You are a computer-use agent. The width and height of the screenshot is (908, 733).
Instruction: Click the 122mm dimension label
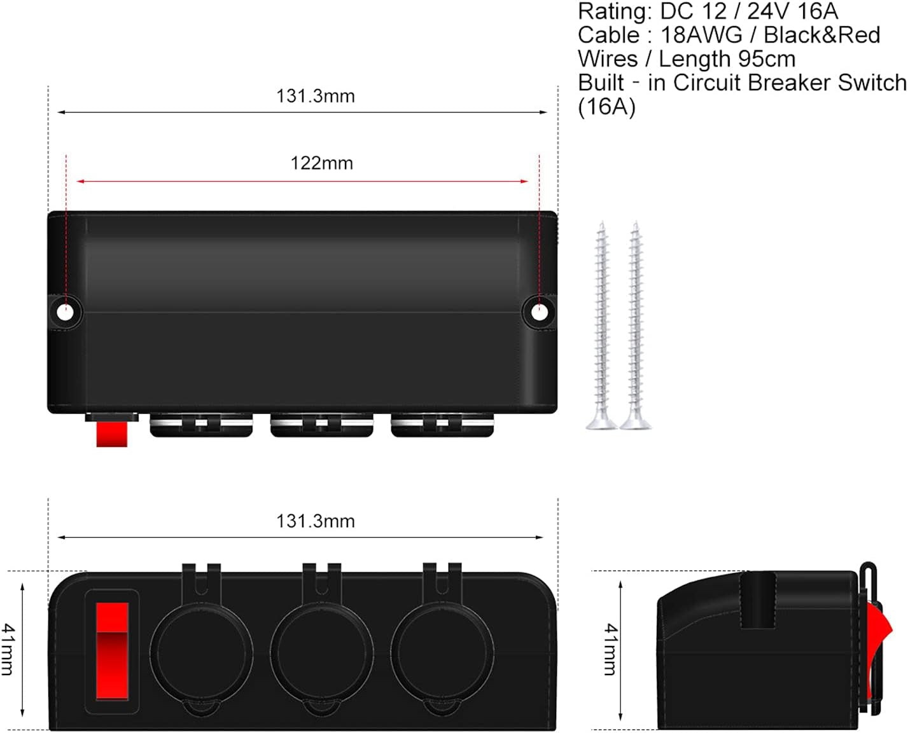pos(322,163)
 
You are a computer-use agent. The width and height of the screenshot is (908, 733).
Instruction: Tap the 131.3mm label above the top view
pos(316,96)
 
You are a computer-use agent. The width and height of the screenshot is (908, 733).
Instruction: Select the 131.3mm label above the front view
pos(316,521)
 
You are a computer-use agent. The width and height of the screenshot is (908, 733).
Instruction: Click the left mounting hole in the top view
pos(65,313)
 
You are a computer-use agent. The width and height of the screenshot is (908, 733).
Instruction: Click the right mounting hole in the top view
pos(540,313)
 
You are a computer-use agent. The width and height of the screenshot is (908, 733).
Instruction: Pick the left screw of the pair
pos(601,326)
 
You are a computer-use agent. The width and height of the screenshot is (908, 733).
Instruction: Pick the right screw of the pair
pos(635,326)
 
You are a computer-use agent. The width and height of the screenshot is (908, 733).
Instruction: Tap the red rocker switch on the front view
pos(112,651)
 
